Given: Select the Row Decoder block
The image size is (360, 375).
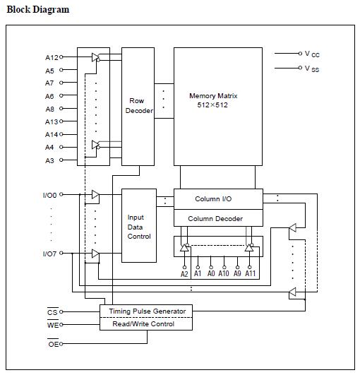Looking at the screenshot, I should pyautogui.click(x=138, y=106).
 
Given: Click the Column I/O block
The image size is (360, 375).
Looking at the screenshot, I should pyautogui.click(x=218, y=198).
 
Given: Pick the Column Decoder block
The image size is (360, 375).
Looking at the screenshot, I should pyautogui.click(x=218, y=218).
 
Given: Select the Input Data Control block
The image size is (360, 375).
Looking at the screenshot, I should pyautogui.click(x=138, y=226).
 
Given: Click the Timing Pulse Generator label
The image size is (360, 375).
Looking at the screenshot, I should pyautogui.click(x=147, y=311).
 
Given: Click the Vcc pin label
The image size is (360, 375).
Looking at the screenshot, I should pyautogui.click(x=312, y=54).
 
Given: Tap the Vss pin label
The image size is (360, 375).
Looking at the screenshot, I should pyautogui.click(x=312, y=69).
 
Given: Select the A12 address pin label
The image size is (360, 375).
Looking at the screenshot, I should pyautogui.click(x=51, y=57).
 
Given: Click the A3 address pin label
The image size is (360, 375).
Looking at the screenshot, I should pyautogui.click(x=49, y=160).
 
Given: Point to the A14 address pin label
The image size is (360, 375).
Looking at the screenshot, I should pyautogui.click(x=51, y=134).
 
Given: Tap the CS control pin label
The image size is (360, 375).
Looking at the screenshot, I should pyautogui.click(x=52, y=311).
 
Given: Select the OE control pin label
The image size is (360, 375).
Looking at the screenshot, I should pyautogui.click(x=52, y=344).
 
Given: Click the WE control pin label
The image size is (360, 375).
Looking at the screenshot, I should pyautogui.click(x=52, y=325).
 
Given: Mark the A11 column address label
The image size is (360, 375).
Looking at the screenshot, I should pyautogui.click(x=250, y=273).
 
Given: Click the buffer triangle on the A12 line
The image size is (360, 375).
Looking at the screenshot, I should pyautogui.click(x=96, y=58).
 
